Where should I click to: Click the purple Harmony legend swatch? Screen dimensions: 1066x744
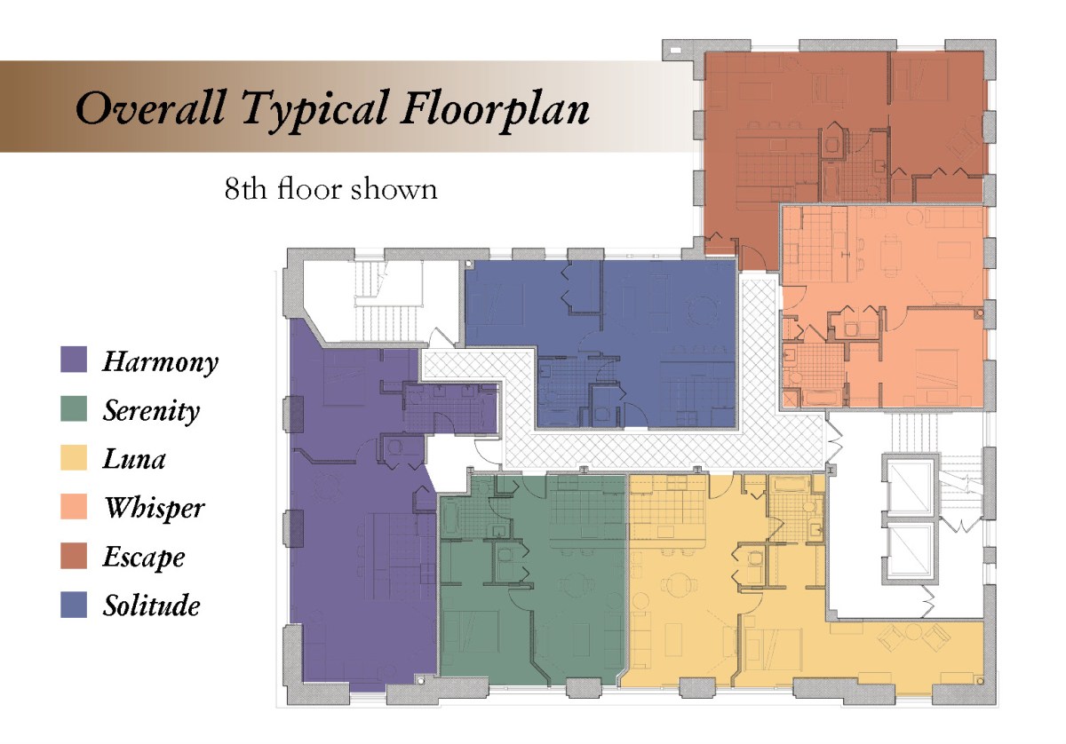[74, 360]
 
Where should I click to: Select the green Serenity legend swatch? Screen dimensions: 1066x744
[74, 408]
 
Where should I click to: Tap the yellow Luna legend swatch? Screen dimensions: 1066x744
[74, 457]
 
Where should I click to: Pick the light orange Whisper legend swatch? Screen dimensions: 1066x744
[74, 507]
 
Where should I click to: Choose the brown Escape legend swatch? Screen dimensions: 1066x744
[74, 556]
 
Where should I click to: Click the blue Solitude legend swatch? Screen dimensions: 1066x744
[74, 605]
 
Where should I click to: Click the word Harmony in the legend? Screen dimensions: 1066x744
[161, 362]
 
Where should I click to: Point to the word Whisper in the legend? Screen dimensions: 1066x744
[155, 508]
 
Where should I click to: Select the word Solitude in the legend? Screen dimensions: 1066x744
[152, 605]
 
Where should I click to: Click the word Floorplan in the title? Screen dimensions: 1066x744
[495, 111]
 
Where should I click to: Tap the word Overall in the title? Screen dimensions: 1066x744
[150, 107]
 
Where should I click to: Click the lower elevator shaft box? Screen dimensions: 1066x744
[911, 553]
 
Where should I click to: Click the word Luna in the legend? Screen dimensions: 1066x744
[134, 460]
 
